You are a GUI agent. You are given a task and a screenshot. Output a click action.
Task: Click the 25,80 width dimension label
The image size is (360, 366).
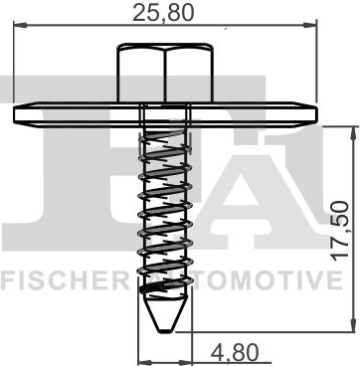point(162,13)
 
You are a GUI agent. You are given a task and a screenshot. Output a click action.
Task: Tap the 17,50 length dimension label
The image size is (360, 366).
point(341,231)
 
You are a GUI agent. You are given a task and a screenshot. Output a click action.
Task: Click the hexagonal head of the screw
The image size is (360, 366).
point(165,73)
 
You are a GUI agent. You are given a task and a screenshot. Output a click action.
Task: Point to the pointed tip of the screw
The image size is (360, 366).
point(165,331)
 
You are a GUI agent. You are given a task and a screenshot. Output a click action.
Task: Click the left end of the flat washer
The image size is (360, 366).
point(15,114)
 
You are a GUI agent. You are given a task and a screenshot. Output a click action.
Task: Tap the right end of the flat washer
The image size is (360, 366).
point(315,114)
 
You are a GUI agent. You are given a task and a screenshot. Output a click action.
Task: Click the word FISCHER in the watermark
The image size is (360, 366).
point(65,280)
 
